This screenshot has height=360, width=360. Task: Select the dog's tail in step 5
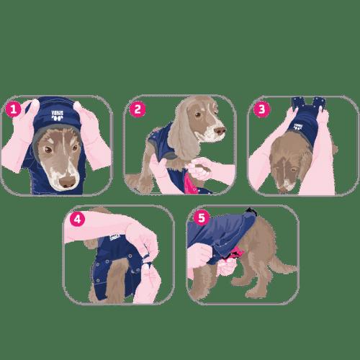(x=288, y=264)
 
